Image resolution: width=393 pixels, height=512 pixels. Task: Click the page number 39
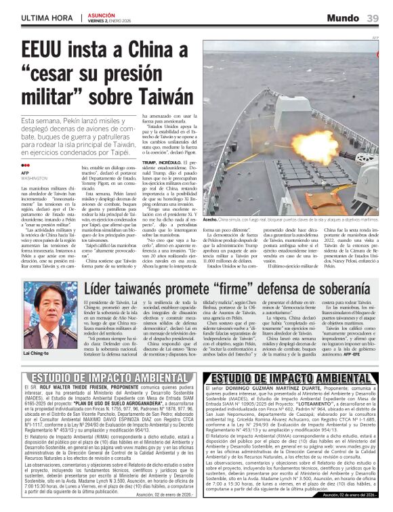click(372, 18)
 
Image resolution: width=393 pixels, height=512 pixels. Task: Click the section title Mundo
click(343, 18)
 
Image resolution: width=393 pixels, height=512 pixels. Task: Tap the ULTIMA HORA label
click(47, 17)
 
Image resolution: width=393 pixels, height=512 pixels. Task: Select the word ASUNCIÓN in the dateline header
click(102, 14)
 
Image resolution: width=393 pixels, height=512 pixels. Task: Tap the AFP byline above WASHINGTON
click(26, 173)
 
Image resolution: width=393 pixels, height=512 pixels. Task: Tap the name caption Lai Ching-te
click(36, 354)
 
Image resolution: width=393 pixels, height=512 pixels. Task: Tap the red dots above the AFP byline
click(25, 165)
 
